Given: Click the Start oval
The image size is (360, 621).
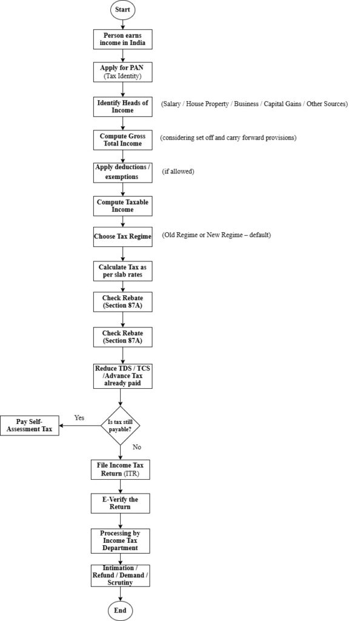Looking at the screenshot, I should (122, 10).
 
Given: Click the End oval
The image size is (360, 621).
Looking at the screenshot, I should (121, 609).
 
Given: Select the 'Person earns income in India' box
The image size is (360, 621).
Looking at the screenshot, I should (122, 39).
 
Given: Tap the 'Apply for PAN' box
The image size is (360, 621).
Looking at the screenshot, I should (122, 72).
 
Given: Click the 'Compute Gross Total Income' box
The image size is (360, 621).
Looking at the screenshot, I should (122, 139).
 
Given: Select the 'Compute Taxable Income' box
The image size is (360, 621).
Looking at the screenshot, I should (122, 206).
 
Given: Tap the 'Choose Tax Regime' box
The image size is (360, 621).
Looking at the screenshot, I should (122, 236).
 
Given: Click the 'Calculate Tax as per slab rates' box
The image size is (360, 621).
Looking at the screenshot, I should (122, 270).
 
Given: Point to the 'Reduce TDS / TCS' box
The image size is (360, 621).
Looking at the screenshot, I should (122, 376).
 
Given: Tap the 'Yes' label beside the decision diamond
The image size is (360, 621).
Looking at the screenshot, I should (79, 418).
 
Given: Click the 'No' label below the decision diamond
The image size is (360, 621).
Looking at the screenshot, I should (137, 447).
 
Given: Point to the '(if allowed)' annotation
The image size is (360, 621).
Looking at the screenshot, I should (178, 172).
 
